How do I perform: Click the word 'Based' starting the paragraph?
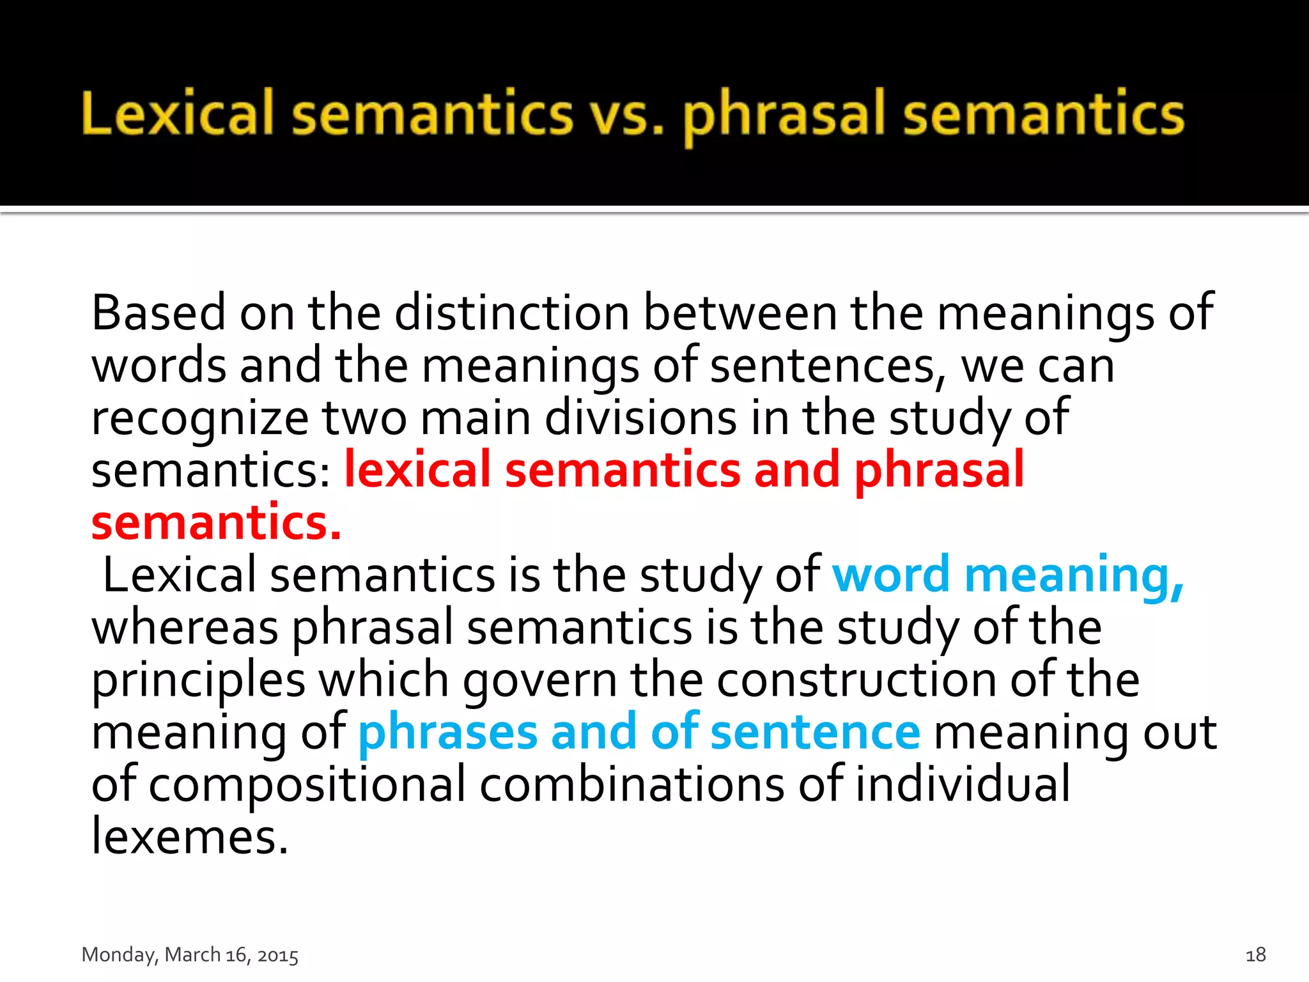tap(159, 313)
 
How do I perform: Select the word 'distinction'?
tap(512, 313)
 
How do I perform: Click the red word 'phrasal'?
tap(939, 471)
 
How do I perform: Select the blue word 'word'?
tap(891, 575)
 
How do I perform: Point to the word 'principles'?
tap(199, 681)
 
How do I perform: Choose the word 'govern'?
tap(540, 681)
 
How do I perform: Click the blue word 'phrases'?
tap(447, 733)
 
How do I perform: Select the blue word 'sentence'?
tap(815, 733)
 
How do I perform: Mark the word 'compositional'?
tap(307, 786)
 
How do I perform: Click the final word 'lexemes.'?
tap(190, 837)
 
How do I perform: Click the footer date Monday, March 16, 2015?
tap(190, 955)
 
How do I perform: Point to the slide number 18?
tap(1255, 955)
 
